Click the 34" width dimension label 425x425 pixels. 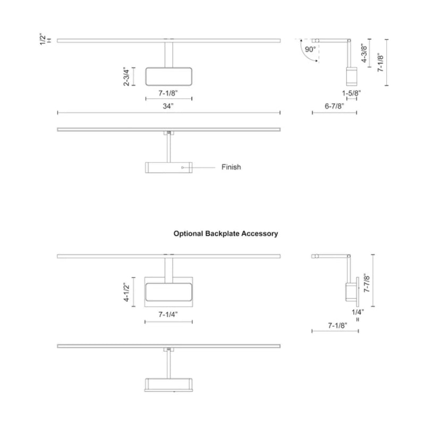168,106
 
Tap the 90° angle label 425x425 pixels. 310,49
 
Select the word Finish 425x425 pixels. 231,167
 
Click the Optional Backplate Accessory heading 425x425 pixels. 226,234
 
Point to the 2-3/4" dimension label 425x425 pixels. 126,76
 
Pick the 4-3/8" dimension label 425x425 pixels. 364,53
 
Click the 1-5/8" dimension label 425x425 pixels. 351,93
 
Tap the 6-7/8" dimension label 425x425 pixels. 335,106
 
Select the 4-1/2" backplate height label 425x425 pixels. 126,292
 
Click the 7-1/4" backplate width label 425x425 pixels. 168,314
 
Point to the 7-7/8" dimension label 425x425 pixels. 367,283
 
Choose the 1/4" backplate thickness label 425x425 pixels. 358,312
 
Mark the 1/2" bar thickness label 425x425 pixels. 43,39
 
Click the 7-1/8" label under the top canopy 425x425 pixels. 168,93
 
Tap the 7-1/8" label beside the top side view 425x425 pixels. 380,62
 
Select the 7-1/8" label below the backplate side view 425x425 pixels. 338,325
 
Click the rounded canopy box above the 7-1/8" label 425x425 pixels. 168,68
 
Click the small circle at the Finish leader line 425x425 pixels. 182,167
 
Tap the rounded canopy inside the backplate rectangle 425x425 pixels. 168,284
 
